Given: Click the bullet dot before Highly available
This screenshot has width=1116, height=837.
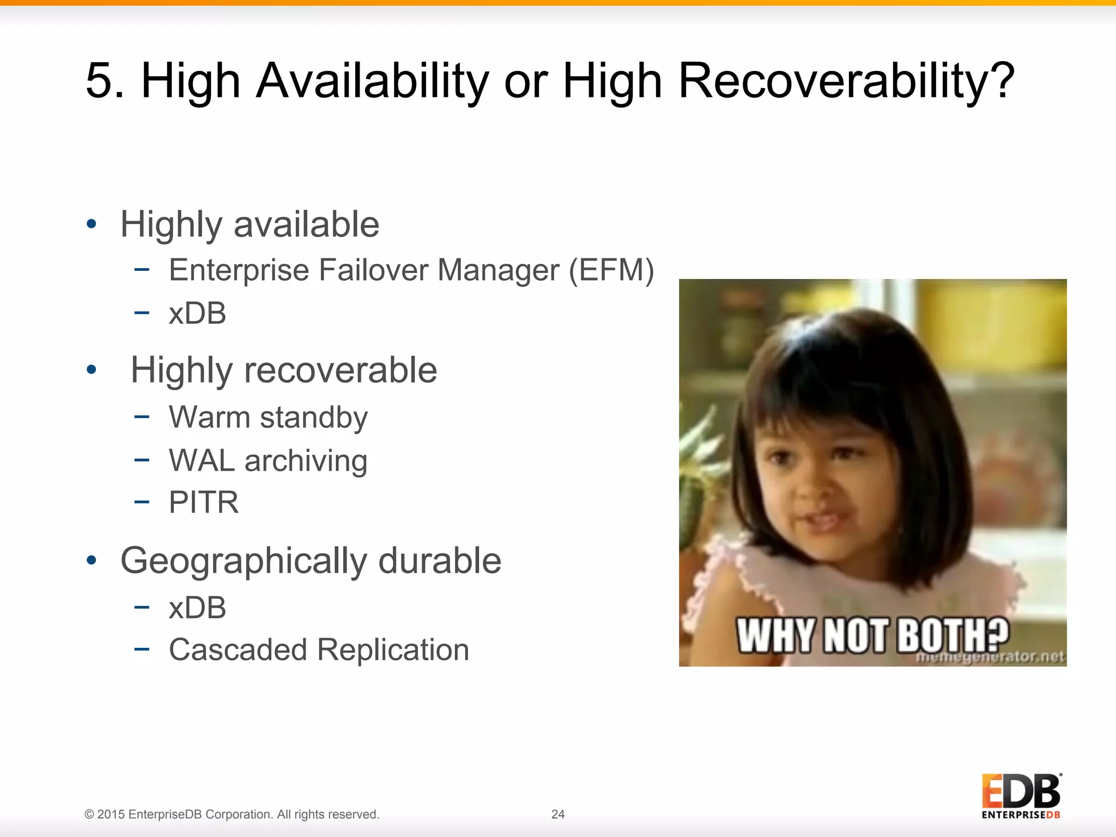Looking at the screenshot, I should tap(92, 223).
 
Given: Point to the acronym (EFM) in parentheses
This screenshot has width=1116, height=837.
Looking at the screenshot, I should tap(611, 270).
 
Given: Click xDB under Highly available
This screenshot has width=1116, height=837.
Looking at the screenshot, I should tap(197, 313).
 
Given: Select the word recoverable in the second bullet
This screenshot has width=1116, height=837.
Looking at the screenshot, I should tap(340, 370).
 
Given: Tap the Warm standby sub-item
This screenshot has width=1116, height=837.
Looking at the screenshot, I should tap(268, 417).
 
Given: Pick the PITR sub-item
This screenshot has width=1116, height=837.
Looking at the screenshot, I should tap(204, 502).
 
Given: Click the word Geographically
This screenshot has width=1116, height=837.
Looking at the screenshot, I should tap(244, 561).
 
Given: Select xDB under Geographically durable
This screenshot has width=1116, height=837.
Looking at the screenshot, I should tap(197, 608).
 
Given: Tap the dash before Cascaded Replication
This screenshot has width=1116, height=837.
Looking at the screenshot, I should tap(142, 649).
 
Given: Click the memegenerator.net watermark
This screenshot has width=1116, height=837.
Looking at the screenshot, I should tap(990, 658).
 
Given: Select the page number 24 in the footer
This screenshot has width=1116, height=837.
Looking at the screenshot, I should tap(558, 814).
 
